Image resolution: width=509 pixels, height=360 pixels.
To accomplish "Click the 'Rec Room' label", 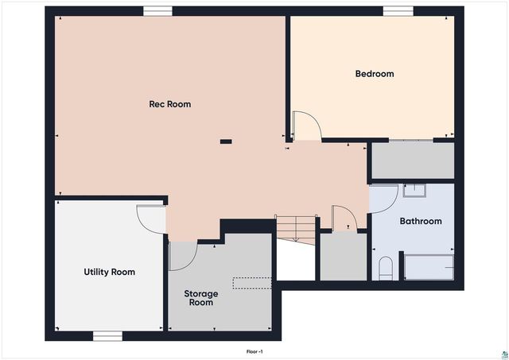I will (170, 104).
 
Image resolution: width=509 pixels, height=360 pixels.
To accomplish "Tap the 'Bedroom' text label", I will (374, 74).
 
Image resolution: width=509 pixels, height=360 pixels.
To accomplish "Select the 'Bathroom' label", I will (420, 221).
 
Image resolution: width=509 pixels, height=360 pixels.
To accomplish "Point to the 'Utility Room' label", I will (110, 272).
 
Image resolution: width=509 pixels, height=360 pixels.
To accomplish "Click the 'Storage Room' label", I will (201, 298).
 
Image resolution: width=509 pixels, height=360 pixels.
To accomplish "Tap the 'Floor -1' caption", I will (254, 350).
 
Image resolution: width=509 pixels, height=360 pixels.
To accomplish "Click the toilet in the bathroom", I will (386, 268).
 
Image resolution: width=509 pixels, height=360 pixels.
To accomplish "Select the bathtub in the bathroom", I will (429, 267).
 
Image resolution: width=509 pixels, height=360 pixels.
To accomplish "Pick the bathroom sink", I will (414, 191).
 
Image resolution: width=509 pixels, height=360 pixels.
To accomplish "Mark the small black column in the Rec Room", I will (227, 142).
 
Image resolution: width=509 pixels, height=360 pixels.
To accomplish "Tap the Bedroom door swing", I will (306, 126).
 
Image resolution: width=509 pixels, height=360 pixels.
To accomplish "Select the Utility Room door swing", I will (151, 217).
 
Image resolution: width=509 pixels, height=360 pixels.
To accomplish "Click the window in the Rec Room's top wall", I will (157, 11).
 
